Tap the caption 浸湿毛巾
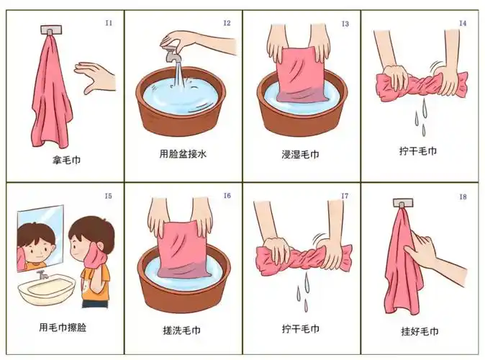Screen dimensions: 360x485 click(x=300, y=154)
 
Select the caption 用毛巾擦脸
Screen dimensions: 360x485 click(x=63, y=327)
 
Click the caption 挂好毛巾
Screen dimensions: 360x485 click(x=420, y=331)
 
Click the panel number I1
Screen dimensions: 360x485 click(x=109, y=23)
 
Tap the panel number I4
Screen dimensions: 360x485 click(x=462, y=23)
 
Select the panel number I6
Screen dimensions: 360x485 click(x=227, y=196)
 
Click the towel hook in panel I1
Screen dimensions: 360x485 click(x=50, y=30)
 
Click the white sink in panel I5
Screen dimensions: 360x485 click(x=45, y=288)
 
